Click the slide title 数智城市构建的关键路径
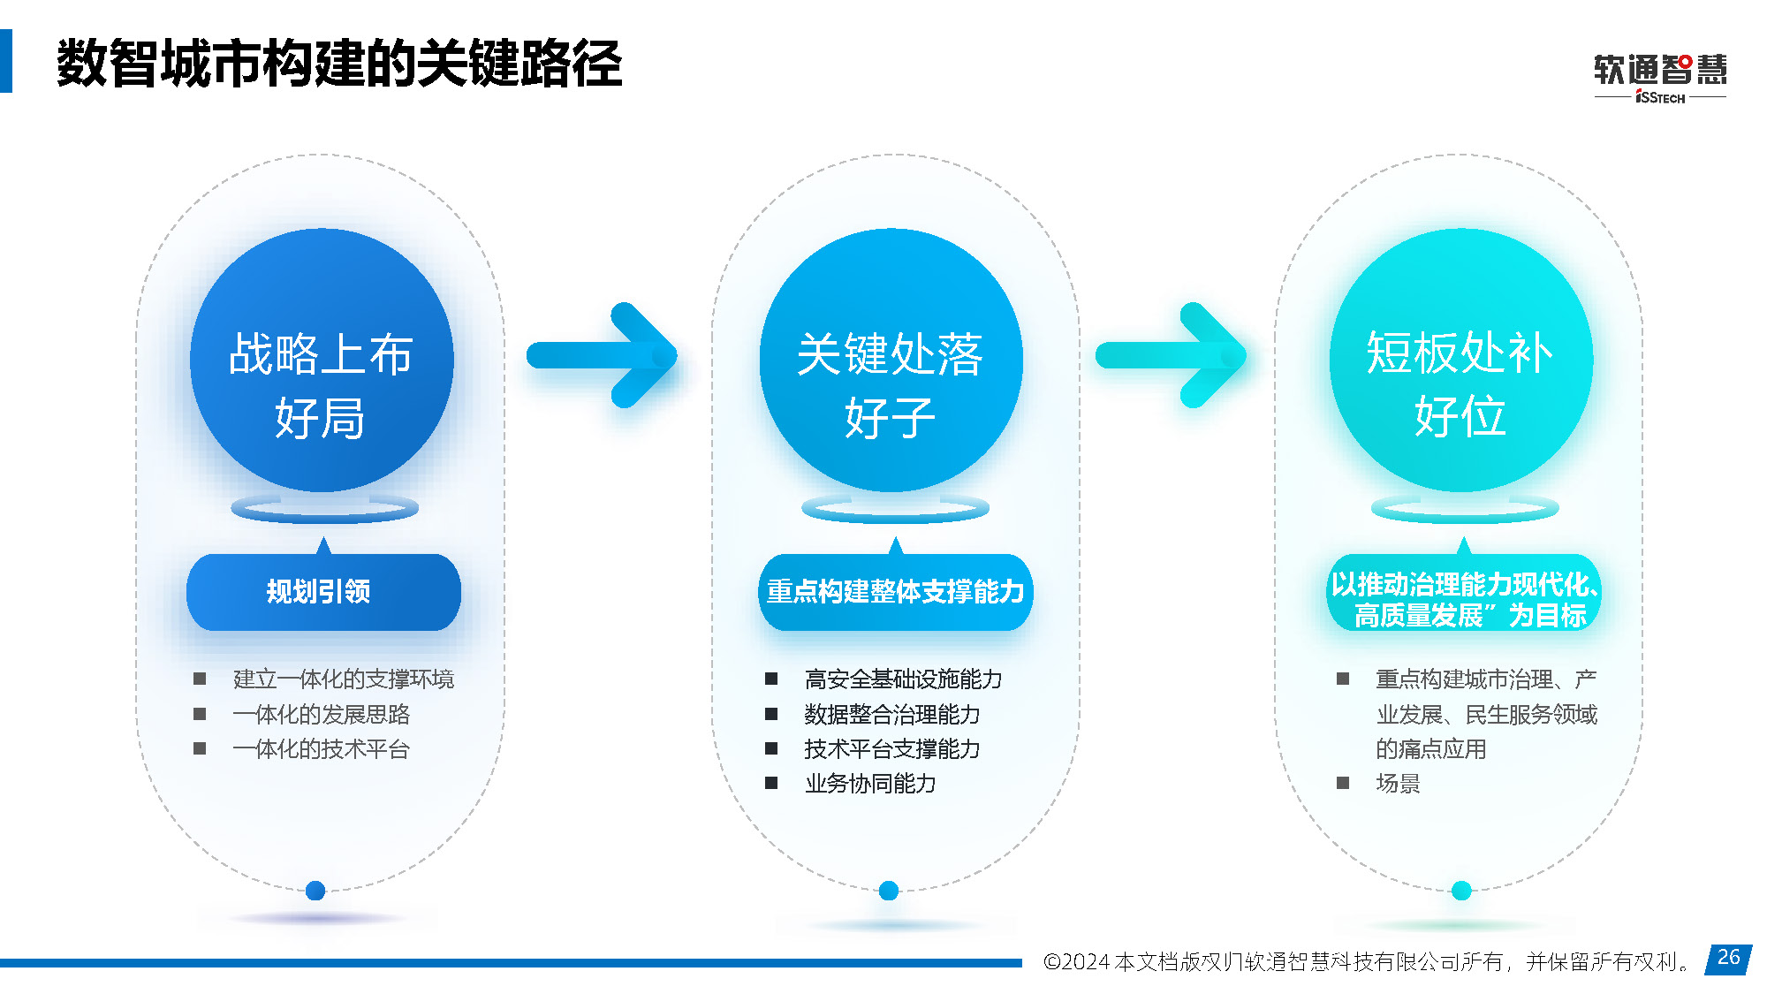(339, 64)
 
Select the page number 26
(1728, 957)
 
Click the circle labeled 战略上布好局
(322, 360)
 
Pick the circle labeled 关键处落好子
(891, 360)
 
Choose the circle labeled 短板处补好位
(1460, 360)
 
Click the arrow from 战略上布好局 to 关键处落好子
(602, 355)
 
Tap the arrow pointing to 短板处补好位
(1172, 355)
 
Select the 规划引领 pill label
(323, 591)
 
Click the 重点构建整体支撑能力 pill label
(895, 591)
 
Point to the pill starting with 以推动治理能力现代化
(1464, 592)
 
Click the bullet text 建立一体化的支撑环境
(343, 679)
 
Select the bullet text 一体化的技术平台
(321, 749)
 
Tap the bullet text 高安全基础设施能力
(903, 679)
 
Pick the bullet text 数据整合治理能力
(891, 714)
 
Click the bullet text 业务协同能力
(869, 783)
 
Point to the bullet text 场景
(1398, 783)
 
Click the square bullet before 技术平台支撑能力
(771, 748)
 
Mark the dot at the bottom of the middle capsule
(889, 891)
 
